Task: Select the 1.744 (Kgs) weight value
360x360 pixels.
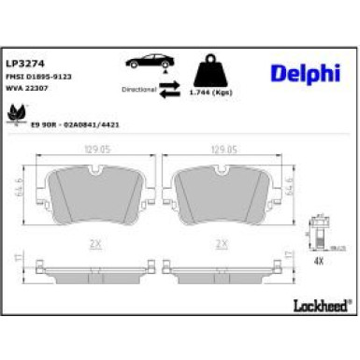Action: click(x=212, y=95)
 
